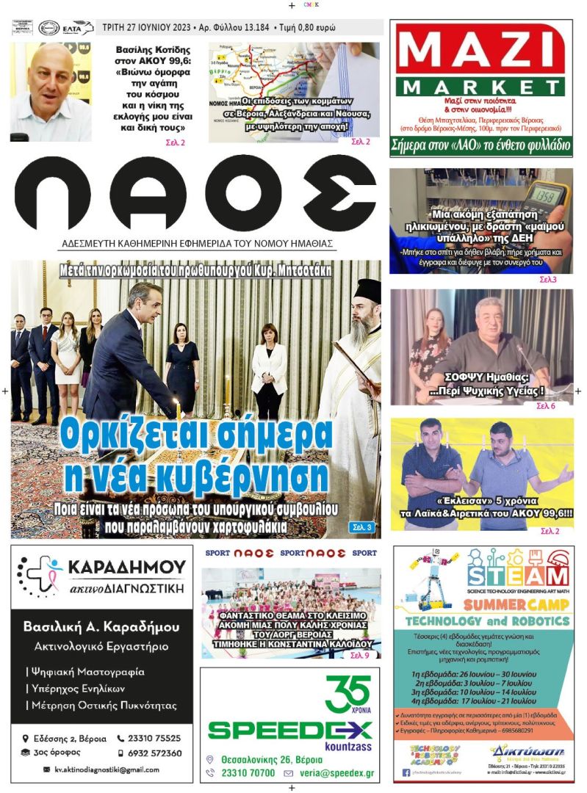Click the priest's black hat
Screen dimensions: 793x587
pos(367,291)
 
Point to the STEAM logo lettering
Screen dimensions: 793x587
pos(517,574)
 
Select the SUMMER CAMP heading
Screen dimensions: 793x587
pos(517,604)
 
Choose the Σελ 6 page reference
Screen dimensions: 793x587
pos(546,406)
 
